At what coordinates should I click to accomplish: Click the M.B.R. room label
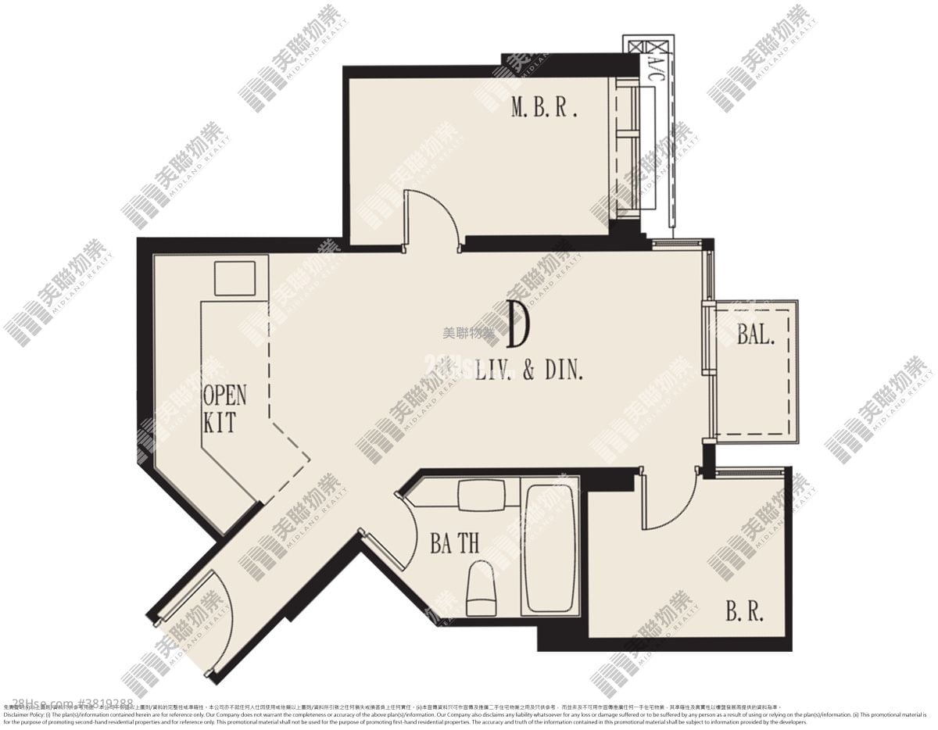[544, 108]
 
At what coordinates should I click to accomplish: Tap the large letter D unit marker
[517, 325]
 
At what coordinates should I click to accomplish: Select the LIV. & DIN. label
[529, 370]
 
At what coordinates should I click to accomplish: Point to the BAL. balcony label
[756, 335]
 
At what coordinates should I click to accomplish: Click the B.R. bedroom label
[743, 610]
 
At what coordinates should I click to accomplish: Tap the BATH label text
[454, 542]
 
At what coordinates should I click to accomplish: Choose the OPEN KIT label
[224, 409]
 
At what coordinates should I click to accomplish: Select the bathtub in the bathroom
[550, 548]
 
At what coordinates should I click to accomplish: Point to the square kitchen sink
[234, 278]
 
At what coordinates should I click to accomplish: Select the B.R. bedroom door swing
[668, 500]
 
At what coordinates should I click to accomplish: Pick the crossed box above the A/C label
[648, 43]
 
